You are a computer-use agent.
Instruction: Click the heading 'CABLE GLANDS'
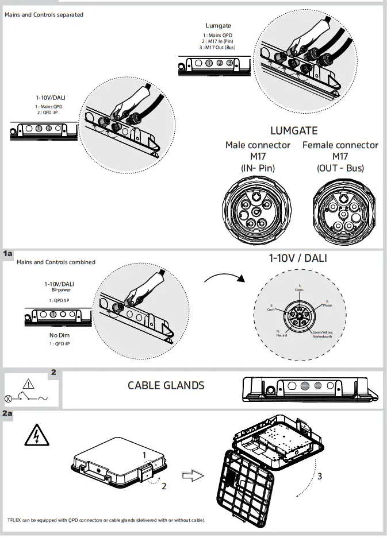[x=166, y=385]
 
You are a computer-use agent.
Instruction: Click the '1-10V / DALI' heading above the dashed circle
[x=297, y=258]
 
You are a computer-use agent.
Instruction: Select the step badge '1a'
[x=7, y=253]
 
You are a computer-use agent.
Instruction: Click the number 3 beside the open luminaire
[x=319, y=475]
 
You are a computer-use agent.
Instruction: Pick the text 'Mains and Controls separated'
[x=44, y=14]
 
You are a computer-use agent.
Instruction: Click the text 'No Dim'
[x=59, y=335]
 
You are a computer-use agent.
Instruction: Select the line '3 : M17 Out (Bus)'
[x=218, y=47]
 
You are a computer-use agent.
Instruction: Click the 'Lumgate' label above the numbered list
[x=218, y=25]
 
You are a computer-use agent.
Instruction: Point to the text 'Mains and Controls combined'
[x=56, y=262]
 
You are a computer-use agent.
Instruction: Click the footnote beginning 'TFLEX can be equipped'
[x=106, y=520]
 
